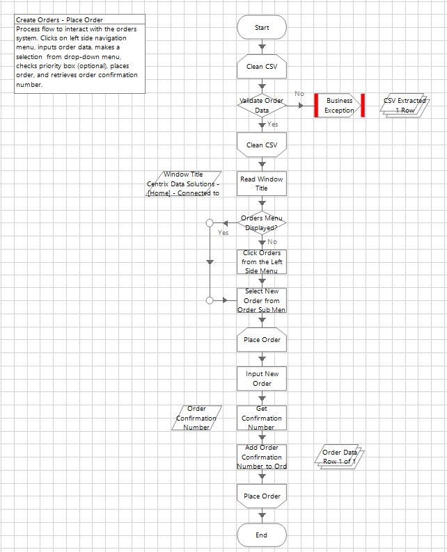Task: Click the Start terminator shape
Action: pos(262,28)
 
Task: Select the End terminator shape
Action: pos(262,535)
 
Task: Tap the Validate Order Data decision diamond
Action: pos(262,105)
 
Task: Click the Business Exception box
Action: pos(339,106)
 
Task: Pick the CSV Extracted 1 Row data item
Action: pos(405,106)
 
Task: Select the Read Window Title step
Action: pos(262,184)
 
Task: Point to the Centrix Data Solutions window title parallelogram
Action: pos(184,184)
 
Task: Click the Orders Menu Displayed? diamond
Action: pos(262,222)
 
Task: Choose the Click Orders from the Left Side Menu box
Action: pos(262,262)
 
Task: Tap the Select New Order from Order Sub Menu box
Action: pos(262,300)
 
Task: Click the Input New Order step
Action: pos(262,379)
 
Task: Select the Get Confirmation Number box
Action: pos(262,418)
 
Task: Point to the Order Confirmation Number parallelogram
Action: pos(196,418)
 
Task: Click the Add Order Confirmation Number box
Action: pos(262,457)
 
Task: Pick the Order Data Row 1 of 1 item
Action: pos(340,457)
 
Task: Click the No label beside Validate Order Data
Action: pos(299,93)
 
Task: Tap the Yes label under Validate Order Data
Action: pos(273,124)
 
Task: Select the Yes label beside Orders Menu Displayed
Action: pos(223,232)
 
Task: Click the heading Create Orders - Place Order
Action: pos(60,20)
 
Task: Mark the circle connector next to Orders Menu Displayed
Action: pos(210,222)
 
